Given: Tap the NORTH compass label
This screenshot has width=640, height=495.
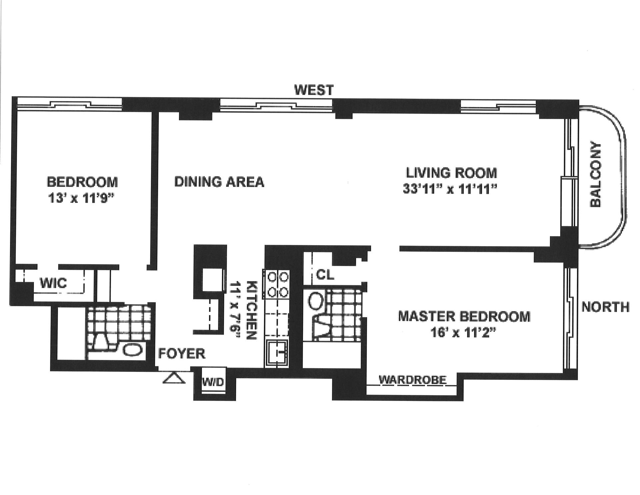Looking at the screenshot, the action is click(x=605, y=307).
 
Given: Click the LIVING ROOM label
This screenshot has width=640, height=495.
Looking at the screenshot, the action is click(x=451, y=173).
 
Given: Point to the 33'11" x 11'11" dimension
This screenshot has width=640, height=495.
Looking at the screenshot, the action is click(x=450, y=189).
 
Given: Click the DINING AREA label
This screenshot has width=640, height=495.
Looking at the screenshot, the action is click(x=219, y=182).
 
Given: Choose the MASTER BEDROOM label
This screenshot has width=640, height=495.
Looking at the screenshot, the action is click(x=464, y=316).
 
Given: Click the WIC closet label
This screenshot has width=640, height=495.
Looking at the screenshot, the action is click(x=53, y=283).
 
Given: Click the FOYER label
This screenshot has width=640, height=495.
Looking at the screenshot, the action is click(x=182, y=354).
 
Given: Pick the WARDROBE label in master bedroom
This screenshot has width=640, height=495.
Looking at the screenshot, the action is click(x=413, y=380).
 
